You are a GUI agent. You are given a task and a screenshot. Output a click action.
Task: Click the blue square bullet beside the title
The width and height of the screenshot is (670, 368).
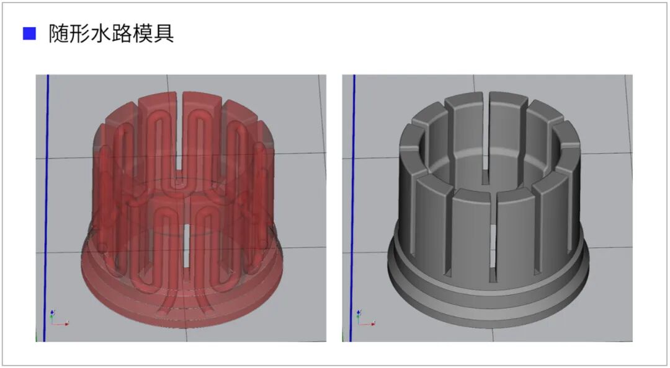point(29,33)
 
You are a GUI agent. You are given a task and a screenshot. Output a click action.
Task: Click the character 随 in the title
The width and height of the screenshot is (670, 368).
point(58,33)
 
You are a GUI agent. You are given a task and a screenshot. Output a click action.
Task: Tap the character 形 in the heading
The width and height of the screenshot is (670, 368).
point(79,33)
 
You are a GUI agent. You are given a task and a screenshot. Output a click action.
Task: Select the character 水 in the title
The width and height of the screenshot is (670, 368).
point(100,33)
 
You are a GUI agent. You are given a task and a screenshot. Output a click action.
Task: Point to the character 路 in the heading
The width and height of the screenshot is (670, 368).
point(122,33)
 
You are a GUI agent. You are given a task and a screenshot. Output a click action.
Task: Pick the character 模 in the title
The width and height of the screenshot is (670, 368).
point(142,33)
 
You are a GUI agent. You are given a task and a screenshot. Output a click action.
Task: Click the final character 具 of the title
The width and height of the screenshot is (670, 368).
point(163,33)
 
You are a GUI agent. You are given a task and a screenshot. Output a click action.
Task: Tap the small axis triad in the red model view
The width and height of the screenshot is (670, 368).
point(58,318)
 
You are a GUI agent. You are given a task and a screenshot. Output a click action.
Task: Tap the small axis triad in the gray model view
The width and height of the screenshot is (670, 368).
point(365,318)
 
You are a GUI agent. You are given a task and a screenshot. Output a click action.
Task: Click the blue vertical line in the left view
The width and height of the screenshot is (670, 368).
point(46,208)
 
